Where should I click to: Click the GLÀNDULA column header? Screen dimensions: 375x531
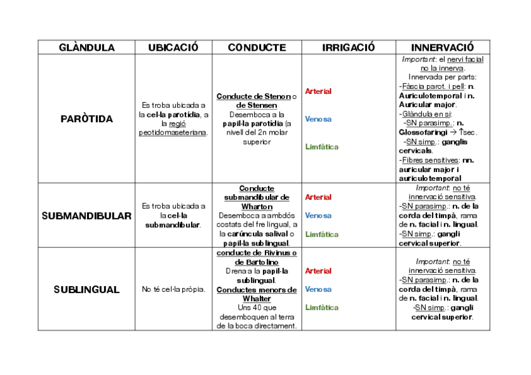click(86, 48)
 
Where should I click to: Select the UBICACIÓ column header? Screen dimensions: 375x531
click(173, 48)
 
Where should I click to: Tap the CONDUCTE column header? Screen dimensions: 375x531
click(257, 48)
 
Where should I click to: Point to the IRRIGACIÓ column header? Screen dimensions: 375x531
click(348, 48)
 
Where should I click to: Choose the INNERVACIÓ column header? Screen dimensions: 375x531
click(442, 48)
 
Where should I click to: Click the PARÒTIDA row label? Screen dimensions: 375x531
click(86, 119)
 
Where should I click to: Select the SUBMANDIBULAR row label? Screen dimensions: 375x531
click(86, 216)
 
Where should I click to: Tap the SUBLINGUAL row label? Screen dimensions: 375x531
click(86, 289)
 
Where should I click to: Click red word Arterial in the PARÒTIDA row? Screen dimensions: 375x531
click(318, 91)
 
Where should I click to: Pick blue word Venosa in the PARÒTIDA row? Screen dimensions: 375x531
click(318, 119)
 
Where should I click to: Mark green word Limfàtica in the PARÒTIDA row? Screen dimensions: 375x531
click(322, 147)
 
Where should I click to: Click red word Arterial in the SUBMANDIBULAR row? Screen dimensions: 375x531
click(318, 197)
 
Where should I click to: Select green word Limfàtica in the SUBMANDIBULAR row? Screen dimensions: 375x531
click(322, 234)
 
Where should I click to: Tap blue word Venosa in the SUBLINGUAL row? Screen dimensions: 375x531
click(318, 289)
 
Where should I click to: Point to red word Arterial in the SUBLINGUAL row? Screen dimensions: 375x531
click(318, 271)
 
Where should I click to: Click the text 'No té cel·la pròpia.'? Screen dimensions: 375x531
click(173, 289)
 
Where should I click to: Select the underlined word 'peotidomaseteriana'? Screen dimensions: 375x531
click(173, 133)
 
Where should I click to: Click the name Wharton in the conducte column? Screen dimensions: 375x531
click(257, 207)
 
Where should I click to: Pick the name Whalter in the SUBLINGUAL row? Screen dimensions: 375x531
click(257, 299)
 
